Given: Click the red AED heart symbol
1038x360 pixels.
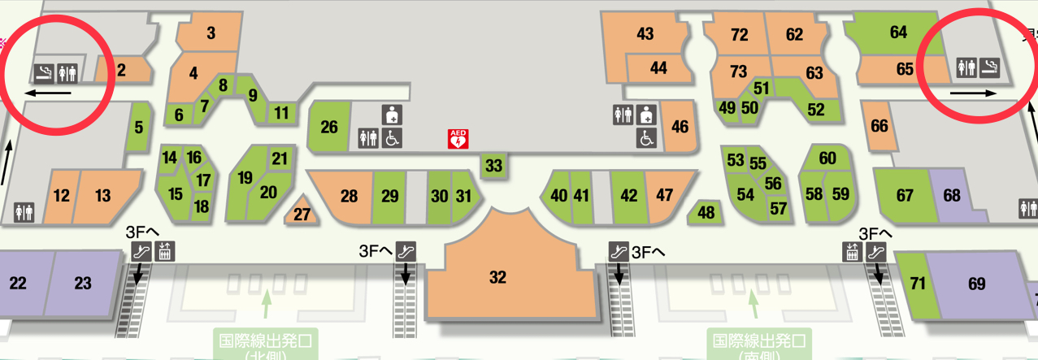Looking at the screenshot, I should pyautogui.click(x=458, y=139).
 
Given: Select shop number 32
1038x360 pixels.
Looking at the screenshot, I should pyautogui.click(x=497, y=277).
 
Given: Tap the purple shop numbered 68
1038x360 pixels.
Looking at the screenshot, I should pyautogui.click(x=952, y=196).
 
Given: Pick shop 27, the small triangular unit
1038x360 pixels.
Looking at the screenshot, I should pyautogui.click(x=302, y=214).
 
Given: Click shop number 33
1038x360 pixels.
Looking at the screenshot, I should pyautogui.click(x=493, y=166).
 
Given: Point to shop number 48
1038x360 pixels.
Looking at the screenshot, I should pyautogui.click(x=706, y=212).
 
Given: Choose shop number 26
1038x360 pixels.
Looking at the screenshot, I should pyautogui.click(x=329, y=127).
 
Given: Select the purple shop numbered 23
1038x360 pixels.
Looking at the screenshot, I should pyautogui.click(x=83, y=283).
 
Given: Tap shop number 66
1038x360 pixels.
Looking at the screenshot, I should pyautogui.click(x=879, y=126).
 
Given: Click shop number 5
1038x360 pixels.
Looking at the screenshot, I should pyautogui.click(x=139, y=127).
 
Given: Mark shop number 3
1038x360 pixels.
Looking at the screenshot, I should pyautogui.click(x=211, y=33).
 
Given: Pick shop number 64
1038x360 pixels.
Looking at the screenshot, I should pyautogui.click(x=898, y=33).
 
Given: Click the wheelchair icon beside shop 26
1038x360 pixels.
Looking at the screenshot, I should pyautogui.click(x=392, y=138).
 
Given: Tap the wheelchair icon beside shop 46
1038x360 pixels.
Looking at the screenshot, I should pyautogui.click(x=647, y=139).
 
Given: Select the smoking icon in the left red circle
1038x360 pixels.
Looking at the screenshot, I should pyautogui.click(x=43, y=73).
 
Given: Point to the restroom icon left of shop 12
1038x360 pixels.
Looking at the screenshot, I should pyautogui.click(x=24, y=212).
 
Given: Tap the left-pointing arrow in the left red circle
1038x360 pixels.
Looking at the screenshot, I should pyautogui.click(x=47, y=93).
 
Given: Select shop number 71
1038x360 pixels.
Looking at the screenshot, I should pyautogui.click(x=919, y=284).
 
